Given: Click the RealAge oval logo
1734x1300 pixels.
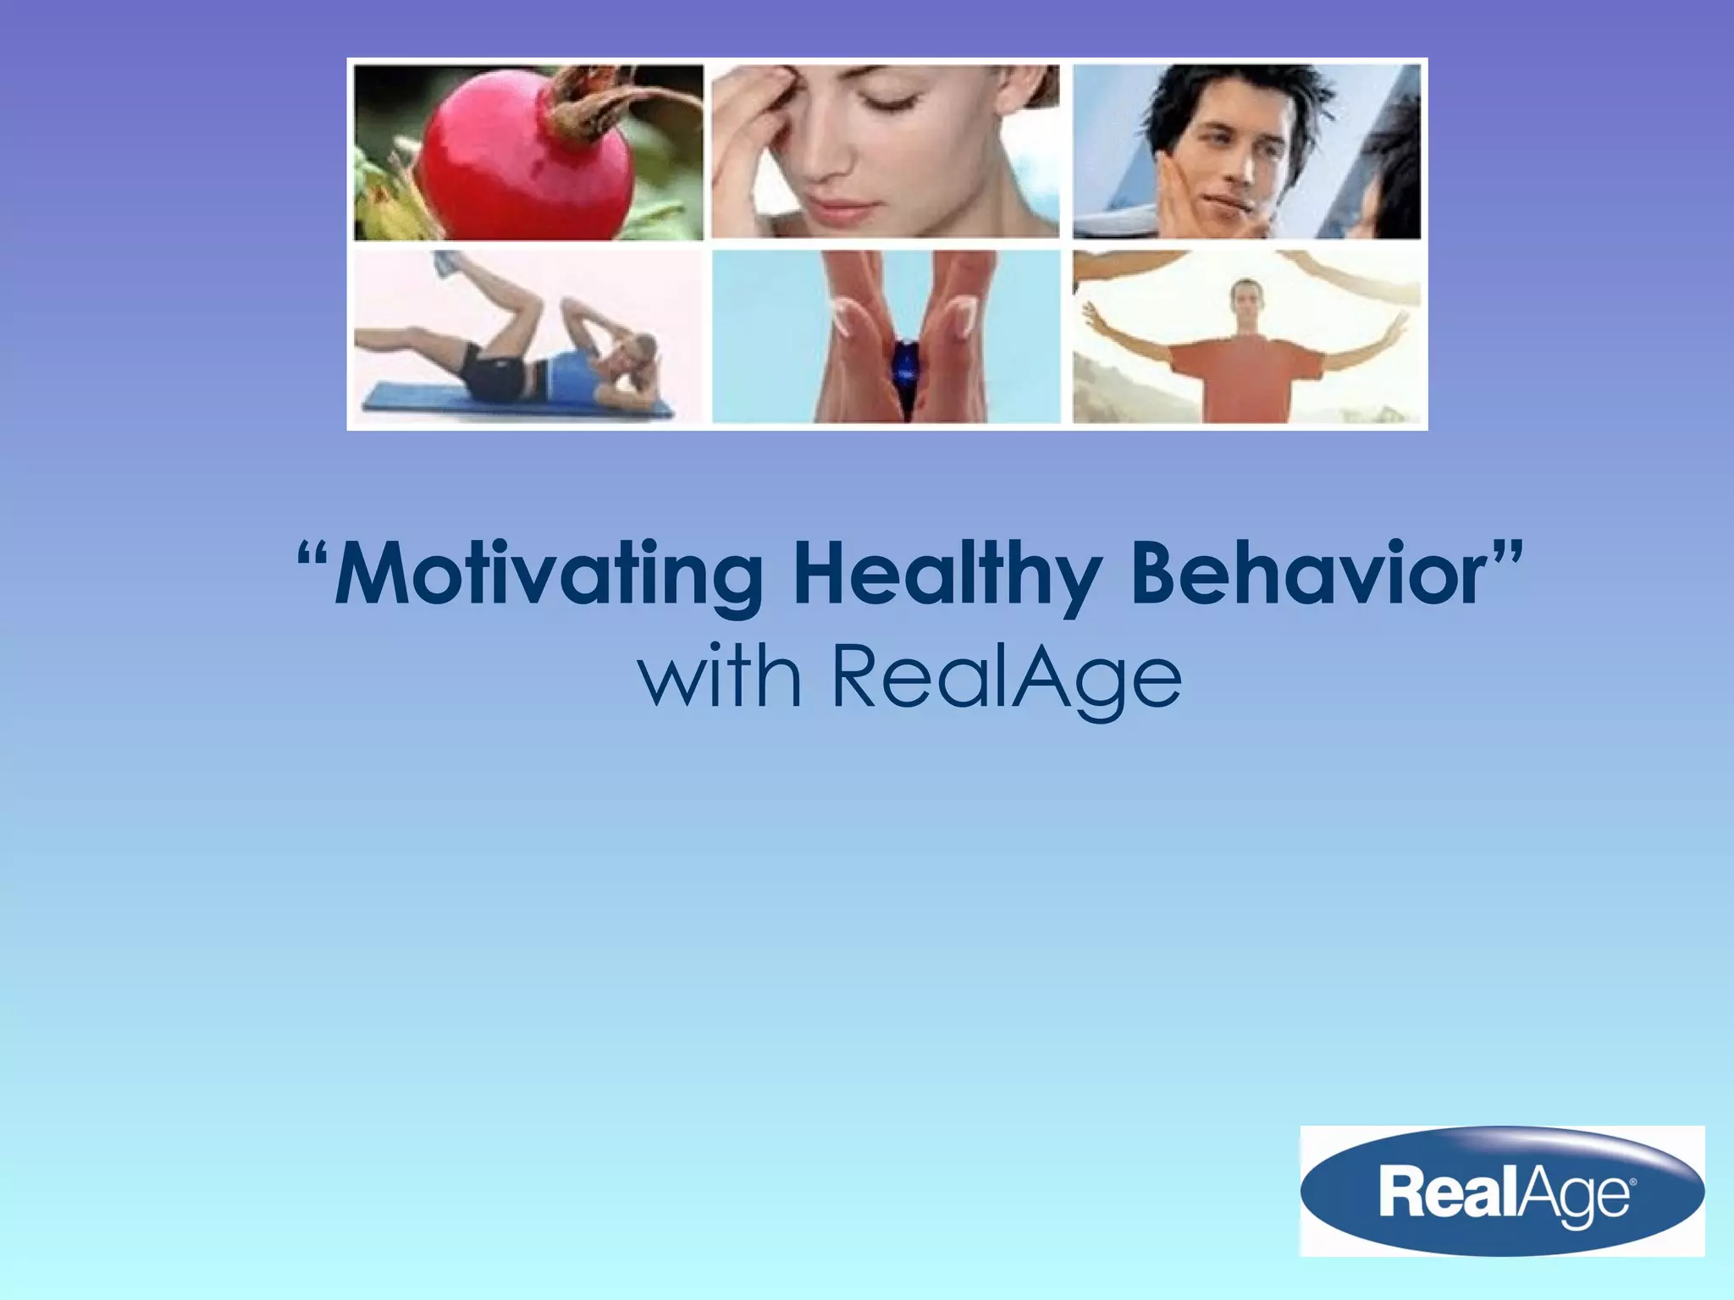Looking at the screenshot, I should coord(1501,1191).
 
